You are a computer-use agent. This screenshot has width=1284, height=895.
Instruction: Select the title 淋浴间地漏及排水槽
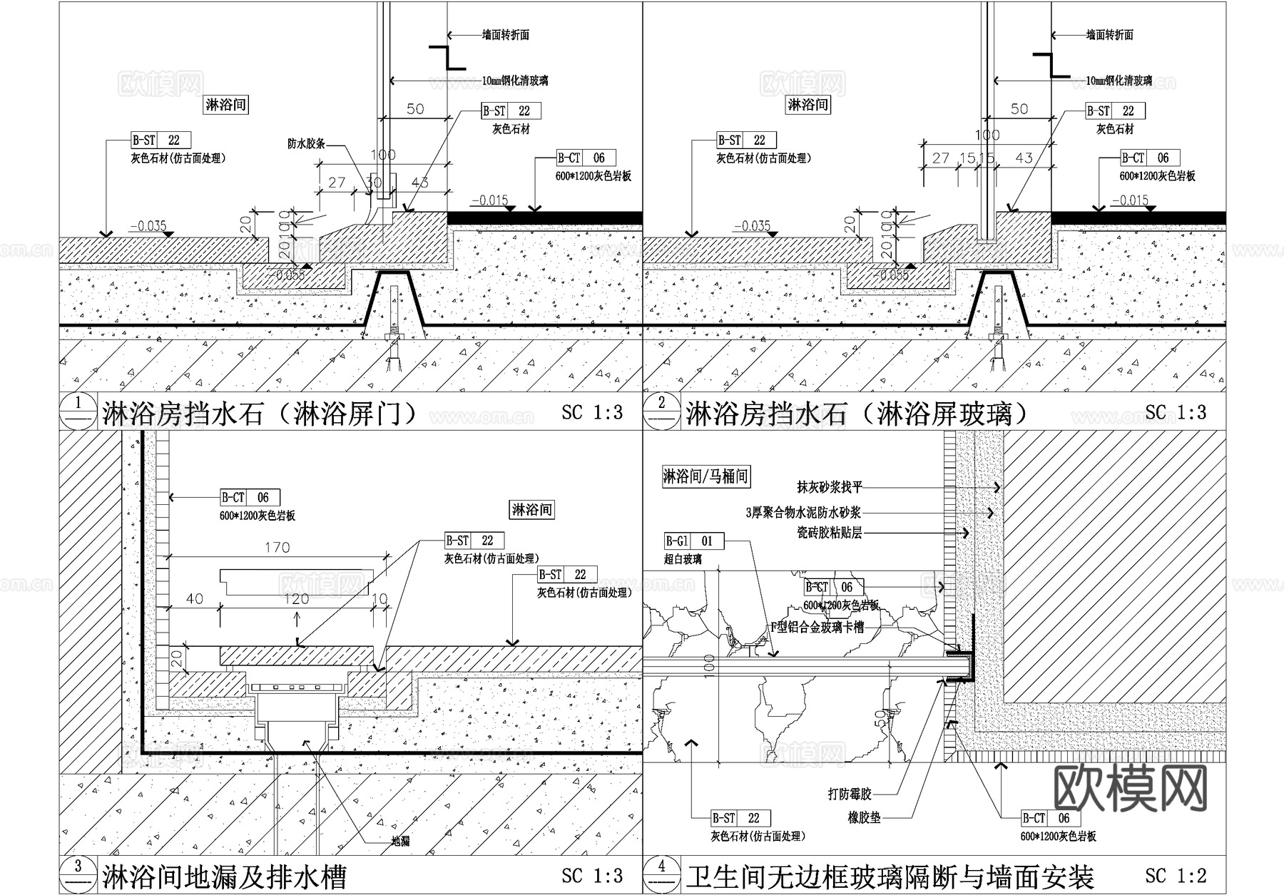225,876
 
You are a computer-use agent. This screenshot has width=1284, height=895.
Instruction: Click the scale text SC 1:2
1176,875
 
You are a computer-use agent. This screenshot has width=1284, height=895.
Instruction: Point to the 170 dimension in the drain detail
277,548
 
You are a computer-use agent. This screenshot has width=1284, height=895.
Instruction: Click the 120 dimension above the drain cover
296,599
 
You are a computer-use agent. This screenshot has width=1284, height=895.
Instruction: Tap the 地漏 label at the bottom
400,842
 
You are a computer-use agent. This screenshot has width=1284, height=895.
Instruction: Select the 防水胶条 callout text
306,143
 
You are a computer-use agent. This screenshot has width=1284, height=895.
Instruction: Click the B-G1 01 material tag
693,541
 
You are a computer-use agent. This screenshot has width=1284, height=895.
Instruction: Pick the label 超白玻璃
683,560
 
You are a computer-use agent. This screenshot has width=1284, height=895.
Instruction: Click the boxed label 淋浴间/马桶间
705,476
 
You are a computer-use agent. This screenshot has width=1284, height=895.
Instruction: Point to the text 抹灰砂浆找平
830,488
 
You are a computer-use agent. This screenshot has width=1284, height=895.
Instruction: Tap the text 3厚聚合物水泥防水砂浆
803,513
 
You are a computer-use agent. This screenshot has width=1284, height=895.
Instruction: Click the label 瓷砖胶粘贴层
830,533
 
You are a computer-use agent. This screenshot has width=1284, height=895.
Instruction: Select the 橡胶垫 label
864,818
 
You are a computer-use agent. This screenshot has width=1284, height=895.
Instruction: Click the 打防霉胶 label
850,794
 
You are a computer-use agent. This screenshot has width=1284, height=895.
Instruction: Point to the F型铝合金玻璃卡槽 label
817,628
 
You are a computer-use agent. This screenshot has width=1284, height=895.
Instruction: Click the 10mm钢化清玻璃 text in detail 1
515,81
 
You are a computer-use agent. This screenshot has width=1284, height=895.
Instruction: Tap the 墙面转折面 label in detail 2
1109,34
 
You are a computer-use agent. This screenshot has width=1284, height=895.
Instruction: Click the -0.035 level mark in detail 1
148,226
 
